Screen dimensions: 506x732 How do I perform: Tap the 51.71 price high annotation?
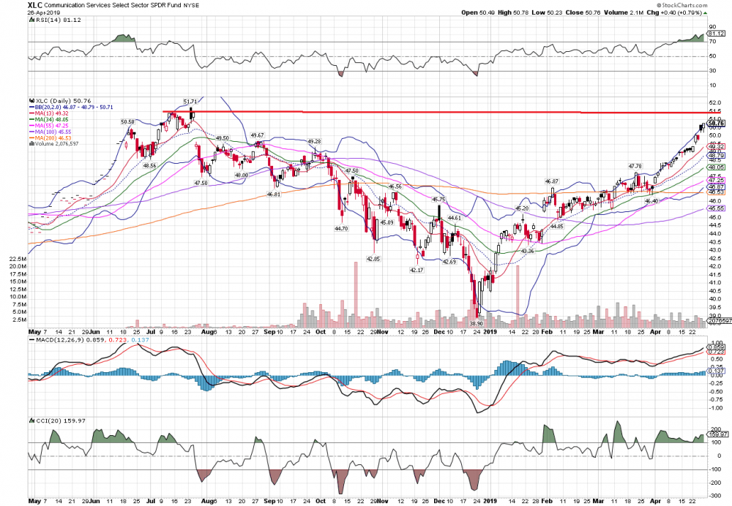coord(190,102)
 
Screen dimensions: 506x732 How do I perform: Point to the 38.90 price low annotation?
coord(477,322)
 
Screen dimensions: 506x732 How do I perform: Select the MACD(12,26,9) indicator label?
coord(70,341)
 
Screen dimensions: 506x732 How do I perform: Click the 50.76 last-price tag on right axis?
coord(714,124)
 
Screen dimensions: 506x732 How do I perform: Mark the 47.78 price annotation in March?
coord(635,166)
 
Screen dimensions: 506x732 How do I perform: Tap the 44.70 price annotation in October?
coord(341,229)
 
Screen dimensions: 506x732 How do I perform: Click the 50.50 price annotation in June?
coord(127,122)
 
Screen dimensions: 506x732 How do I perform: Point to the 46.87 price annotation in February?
coord(551,181)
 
